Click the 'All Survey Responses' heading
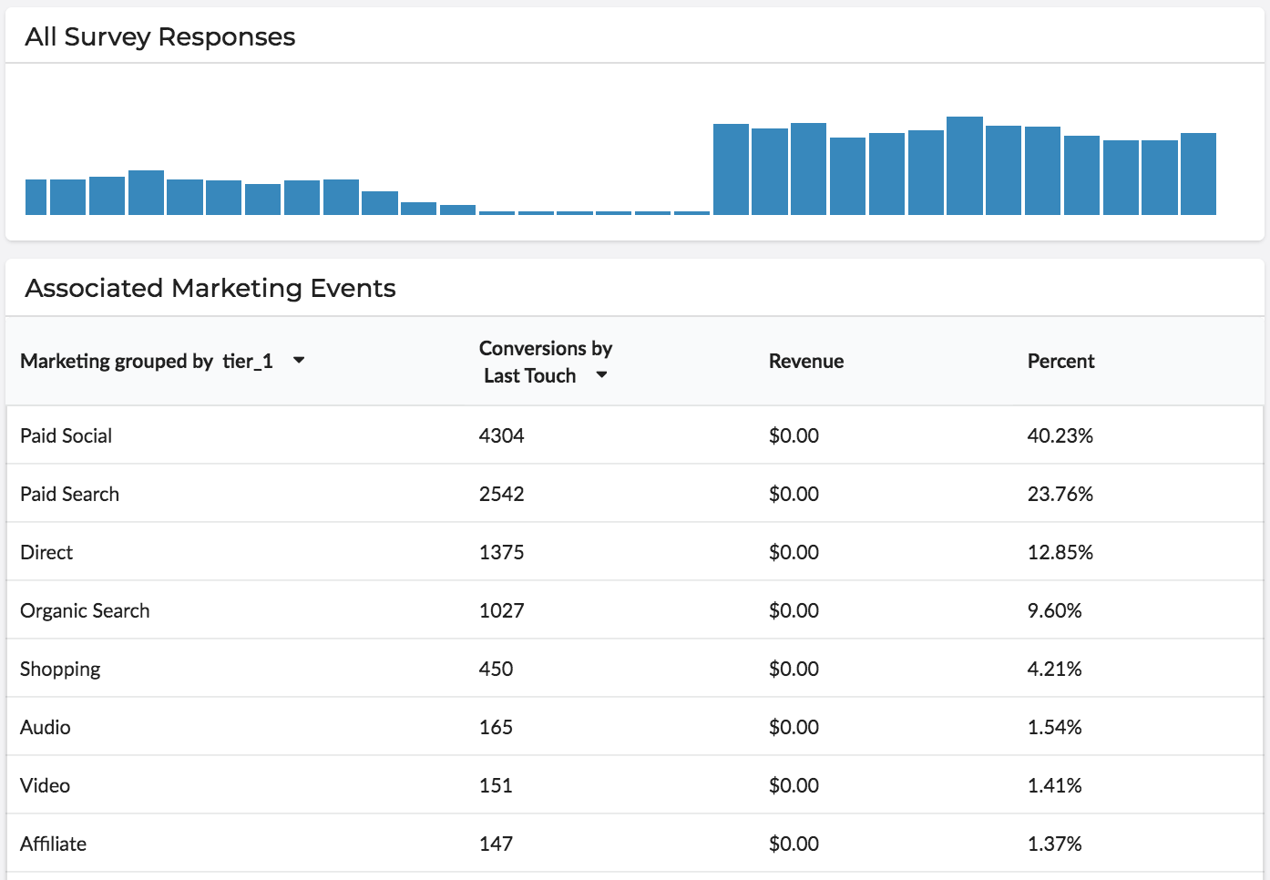click(160, 37)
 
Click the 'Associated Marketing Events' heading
click(210, 289)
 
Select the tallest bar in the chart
click(964, 166)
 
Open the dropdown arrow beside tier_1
click(299, 361)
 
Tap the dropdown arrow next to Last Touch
click(601, 375)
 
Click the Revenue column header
click(805, 362)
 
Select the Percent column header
click(1060, 362)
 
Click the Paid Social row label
click(66, 436)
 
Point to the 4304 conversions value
click(501, 436)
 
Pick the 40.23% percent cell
click(1060, 436)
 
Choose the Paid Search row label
click(69, 495)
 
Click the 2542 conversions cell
click(501, 495)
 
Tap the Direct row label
click(46, 553)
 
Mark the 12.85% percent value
click(1060, 553)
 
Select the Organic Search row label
click(85, 611)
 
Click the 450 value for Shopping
click(496, 670)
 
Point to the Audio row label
click(46, 728)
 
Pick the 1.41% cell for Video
click(1054, 786)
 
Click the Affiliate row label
click(53, 844)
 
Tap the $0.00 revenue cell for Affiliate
click(794, 844)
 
